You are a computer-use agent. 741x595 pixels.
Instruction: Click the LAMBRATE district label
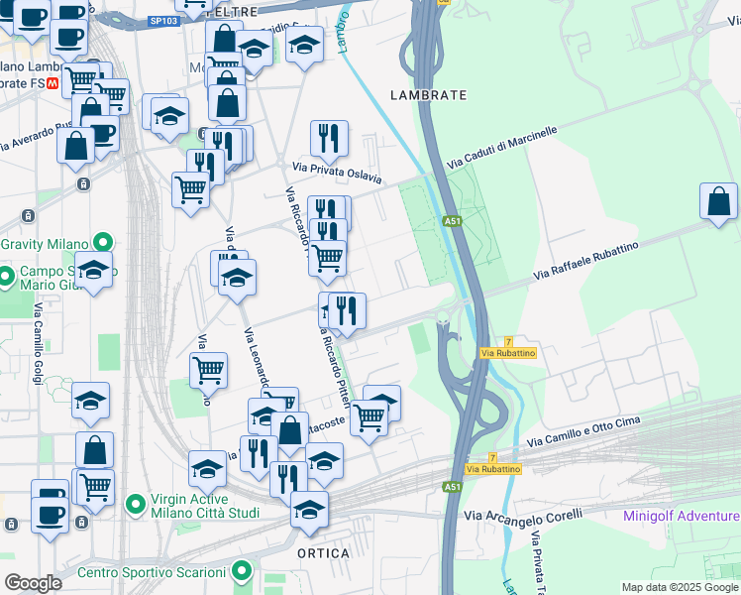428,95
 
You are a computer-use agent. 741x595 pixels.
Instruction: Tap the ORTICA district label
323,552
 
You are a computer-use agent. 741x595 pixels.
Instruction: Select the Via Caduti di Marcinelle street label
502,146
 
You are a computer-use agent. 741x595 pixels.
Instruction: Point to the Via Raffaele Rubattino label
585,258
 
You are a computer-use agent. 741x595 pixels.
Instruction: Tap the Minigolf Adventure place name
681,516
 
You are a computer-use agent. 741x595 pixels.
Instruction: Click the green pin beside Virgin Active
133,505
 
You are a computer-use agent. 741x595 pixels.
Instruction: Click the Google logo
33,583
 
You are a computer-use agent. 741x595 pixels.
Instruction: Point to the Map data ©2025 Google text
679,587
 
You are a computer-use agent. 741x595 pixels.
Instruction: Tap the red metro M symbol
53,84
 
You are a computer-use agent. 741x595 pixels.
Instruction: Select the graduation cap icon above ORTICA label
310,510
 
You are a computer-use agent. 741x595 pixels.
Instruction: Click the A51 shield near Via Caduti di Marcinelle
453,221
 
